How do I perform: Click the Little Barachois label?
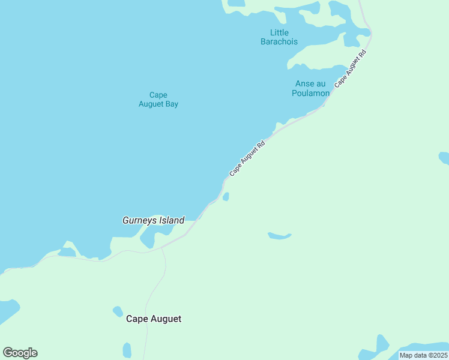[x=279, y=37]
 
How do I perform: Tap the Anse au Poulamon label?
[x=310, y=88]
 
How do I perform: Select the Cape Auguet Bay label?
[x=158, y=99]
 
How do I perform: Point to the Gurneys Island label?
[x=153, y=220]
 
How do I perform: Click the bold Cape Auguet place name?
[x=154, y=319]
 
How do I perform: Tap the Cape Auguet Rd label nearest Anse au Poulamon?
[x=350, y=69]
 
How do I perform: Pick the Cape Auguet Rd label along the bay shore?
[x=247, y=158]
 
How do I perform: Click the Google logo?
[x=20, y=353]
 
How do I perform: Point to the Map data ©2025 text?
[x=423, y=355]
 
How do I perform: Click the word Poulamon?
[x=310, y=93]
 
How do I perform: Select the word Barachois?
[x=279, y=42]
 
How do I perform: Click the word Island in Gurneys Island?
[x=171, y=220]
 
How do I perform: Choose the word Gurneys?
[x=139, y=220]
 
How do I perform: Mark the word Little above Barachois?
[x=279, y=32]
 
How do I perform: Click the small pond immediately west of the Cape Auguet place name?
[x=118, y=311]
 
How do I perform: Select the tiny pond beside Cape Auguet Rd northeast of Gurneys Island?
[x=226, y=196]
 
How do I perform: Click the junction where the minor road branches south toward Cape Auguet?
[x=161, y=247]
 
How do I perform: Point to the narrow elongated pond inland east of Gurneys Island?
[x=279, y=236]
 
